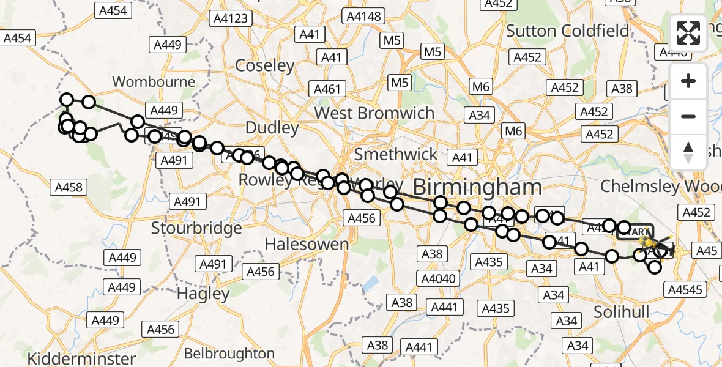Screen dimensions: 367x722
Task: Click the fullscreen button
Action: (x=688, y=33)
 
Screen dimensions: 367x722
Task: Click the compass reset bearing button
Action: (x=688, y=152)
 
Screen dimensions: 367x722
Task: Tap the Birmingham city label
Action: (x=477, y=187)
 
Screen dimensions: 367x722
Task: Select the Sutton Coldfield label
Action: (x=567, y=31)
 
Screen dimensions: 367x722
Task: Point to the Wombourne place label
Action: (x=154, y=82)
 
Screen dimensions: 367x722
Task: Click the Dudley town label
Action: (x=272, y=128)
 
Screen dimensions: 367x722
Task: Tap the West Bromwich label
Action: (x=374, y=113)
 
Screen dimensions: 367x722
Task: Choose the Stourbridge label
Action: (x=196, y=228)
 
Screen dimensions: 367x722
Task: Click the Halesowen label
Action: (x=306, y=244)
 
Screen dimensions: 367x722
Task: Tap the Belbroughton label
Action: (x=229, y=354)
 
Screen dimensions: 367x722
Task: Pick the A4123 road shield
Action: (x=231, y=18)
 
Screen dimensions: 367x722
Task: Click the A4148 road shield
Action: (x=365, y=17)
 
